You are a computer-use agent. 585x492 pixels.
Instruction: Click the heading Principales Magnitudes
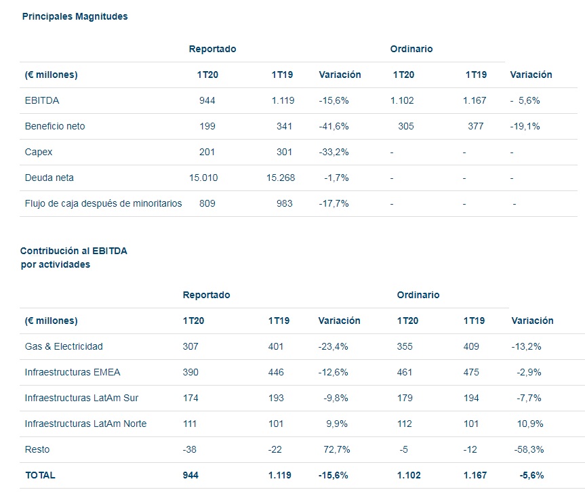coord(75,16)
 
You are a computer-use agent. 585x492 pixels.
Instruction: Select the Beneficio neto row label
coord(55,126)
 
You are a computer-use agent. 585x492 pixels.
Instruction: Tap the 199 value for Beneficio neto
coord(207,126)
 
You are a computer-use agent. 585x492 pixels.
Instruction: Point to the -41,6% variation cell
coord(334,126)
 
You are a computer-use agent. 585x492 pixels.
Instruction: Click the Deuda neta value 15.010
coord(203,178)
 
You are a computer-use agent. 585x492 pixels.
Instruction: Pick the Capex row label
coord(39,152)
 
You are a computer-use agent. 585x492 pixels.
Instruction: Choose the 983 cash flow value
coord(284,203)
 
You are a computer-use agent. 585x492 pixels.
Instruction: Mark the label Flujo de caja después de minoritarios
coord(103,203)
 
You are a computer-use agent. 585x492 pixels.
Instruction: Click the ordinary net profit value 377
coord(476,126)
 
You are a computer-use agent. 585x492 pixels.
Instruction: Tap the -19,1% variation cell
coord(525,126)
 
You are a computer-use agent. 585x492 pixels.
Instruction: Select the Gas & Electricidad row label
coord(64,346)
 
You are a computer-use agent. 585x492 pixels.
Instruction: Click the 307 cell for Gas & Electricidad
coord(190,346)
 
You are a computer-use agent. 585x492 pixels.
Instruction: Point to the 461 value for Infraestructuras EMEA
coord(405,372)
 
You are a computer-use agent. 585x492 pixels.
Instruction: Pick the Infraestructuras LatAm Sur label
coord(81,398)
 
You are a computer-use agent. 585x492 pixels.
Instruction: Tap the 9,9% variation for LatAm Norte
coord(337,424)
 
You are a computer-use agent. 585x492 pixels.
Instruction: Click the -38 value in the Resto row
coord(190,449)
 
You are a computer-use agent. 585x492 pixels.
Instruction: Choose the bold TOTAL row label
coord(41,476)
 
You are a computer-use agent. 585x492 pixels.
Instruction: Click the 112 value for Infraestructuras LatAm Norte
coord(405,424)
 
